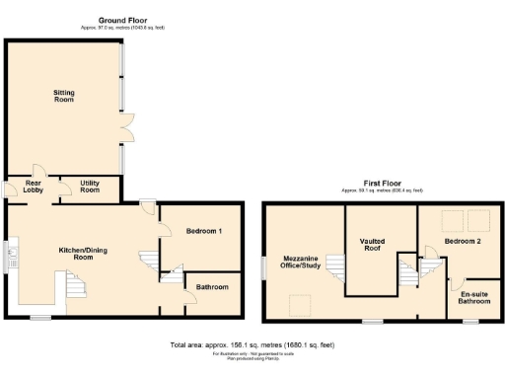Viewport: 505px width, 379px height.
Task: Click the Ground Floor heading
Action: (x=123, y=21)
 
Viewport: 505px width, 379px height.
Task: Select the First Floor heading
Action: (x=382, y=183)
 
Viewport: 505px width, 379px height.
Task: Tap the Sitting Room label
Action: (x=64, y=96)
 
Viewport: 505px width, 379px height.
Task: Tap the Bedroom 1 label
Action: (x=204, y=231)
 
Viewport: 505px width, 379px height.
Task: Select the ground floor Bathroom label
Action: (x=211, y=287)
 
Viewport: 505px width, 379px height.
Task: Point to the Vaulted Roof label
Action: (x=372, y=245)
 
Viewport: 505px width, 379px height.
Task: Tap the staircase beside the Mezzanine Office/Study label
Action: (x=334, y=269)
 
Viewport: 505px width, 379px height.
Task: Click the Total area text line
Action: (x=252, y=344)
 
